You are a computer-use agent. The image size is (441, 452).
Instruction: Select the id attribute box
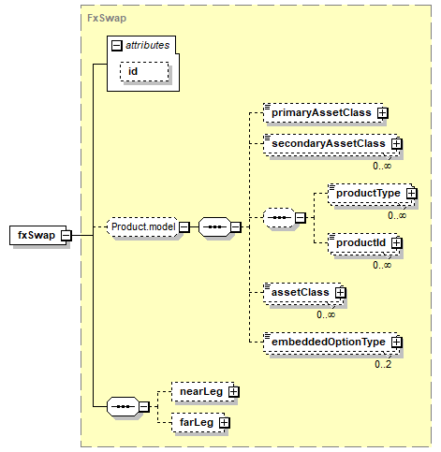pyautogui.click(x=144, y=72)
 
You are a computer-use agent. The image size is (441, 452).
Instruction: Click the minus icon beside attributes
pyautogui.click(x=116, y=46)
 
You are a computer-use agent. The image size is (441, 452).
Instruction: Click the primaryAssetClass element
pyautogui.click(x=323, y=112)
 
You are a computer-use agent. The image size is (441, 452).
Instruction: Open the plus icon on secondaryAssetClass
pyautogui.click(x=397, y=144)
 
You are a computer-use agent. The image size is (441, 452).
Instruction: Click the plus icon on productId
pyautogui.click(x=397, y=243)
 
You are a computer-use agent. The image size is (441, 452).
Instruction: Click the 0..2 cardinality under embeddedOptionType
pyautogui.click(x=383, y=364)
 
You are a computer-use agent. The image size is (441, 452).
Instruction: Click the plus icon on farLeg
pyautogui.click(x=224, y=423)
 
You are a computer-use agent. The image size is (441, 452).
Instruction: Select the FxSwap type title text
pyautogui.click(x=107, y=18)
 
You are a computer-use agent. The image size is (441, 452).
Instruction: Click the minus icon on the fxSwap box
pyautogui.click(x=66, y=235)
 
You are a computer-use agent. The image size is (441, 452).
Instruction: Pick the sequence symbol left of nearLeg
pyautogui.click(x=123, y=407)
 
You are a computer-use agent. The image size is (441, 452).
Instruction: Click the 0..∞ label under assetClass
pyautogui.click(x=326, y=314)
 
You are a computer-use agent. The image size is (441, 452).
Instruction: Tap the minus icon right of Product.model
pyautogui.click(x=184, y=227)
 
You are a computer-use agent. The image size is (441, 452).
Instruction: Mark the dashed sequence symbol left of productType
pyautogui.click(x=279, y=218)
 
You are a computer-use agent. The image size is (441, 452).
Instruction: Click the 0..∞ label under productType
pyautogui.click(x=397, y=215)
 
